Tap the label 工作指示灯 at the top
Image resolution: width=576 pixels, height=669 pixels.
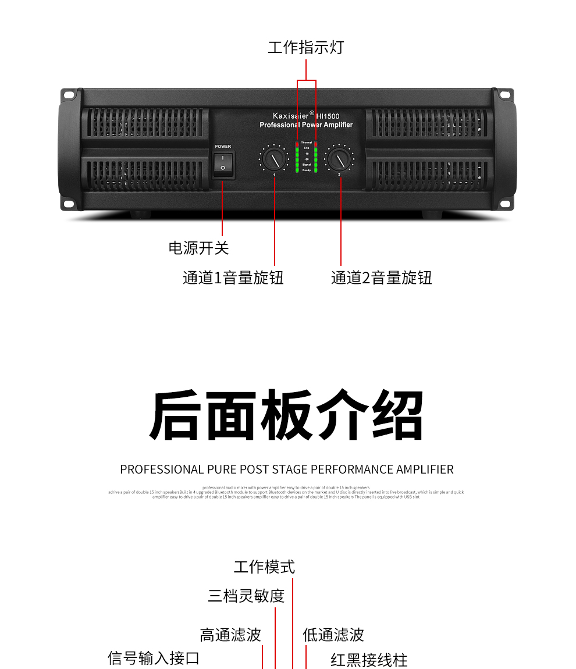tap(306, 47)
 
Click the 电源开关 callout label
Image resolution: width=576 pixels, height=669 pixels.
tap(199, 248)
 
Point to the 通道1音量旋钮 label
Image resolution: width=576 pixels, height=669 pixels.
tap(233, 277)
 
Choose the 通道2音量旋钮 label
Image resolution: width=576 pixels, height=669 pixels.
tap(382, 277)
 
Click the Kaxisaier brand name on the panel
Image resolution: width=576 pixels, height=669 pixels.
tap(290, 116)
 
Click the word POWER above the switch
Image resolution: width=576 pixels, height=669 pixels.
tap(223, 147)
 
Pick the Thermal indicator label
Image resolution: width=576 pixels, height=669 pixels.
tap(306, 143)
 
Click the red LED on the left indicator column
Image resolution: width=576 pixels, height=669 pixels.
tap(297, 143)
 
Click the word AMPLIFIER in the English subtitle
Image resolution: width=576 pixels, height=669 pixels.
tap(425, 469)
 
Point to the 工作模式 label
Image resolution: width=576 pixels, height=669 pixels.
tap(264, 567)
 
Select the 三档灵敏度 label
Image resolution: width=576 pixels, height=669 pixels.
tap(246, 596)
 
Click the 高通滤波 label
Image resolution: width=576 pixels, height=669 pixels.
tap(230, 635)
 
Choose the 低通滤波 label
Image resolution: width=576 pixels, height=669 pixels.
tap(333, 635)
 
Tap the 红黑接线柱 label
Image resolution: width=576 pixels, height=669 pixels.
tap(369, 660)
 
